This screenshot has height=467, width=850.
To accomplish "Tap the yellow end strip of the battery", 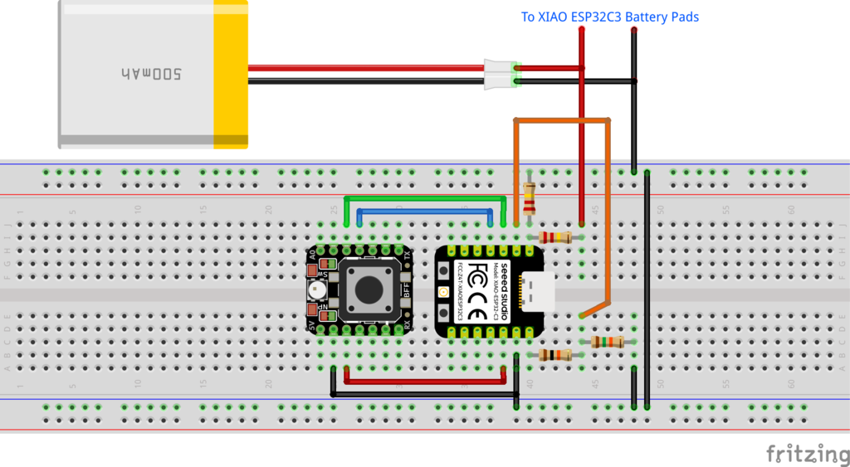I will coord(231,75).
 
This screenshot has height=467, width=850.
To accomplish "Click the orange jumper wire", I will coord(564,121).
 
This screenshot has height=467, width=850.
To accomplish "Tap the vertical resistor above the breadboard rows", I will coord(530,199).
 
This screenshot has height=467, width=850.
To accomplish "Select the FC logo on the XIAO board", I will coord(478,273).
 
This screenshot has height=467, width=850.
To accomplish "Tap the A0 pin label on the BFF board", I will coord(312,256).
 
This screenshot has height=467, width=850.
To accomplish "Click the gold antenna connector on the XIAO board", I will coord(443,293).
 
